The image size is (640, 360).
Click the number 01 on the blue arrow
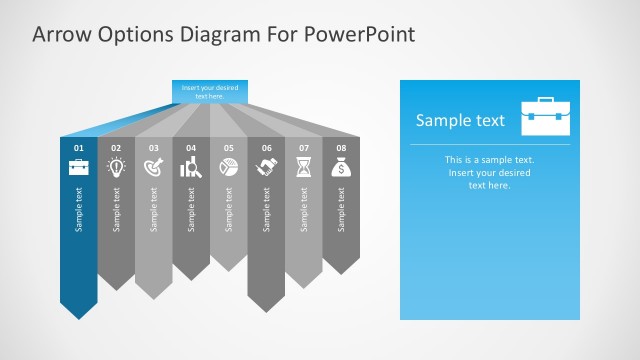[x=79, y=148]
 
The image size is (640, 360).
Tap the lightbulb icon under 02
[x=116, y=168]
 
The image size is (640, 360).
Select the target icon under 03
[x=154, y=168]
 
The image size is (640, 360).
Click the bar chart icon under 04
[x=191, y=168]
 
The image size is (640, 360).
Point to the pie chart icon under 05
[x=228, y=168]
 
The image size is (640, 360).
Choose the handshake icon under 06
[x=266, y=168]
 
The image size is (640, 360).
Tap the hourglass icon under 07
[x=303, y=168]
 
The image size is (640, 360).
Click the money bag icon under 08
[x=341, y=168]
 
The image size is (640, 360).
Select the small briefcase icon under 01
[x=79, y=168]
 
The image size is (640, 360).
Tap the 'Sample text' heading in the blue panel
[x=460, y=121]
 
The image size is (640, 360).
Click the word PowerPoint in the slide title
[x=361, y=34]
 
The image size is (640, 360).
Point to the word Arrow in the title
[x=61, y=34]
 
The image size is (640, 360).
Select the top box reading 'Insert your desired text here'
[x=209, y=91]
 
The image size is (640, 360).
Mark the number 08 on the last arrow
[x=341, y=148]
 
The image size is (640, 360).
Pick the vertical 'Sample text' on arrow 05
[x=228, y=209]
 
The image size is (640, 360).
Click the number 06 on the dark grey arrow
[x=266, y=148]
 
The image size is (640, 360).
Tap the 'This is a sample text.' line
[x=490, y=160]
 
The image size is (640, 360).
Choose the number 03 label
[x=154, y=148]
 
